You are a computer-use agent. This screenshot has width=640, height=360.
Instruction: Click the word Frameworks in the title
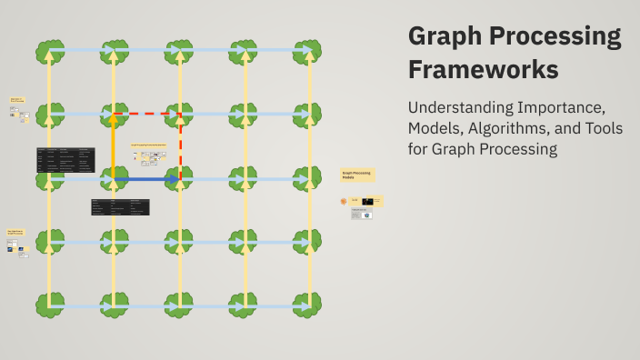coord(484,69)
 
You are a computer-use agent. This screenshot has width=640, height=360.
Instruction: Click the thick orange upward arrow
coord(114,145)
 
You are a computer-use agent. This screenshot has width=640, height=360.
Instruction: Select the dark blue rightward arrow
coord(145,180)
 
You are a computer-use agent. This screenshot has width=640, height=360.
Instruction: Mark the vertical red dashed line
coord(180,145)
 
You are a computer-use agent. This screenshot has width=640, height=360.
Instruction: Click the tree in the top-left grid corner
coord(49,52)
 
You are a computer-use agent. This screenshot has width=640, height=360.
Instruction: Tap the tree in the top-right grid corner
coord(309,52)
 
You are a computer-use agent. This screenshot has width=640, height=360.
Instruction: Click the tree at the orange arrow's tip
coord(114,115)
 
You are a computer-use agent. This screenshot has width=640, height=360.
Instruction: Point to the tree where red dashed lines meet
coord(180,115)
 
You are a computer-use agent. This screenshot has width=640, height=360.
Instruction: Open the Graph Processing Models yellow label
coord(357,175)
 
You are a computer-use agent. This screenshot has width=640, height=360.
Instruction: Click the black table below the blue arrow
coord(120,207)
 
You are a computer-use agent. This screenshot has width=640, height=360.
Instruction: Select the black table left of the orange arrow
coord(65,160)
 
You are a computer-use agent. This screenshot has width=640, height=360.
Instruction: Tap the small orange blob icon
coord(344,201)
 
